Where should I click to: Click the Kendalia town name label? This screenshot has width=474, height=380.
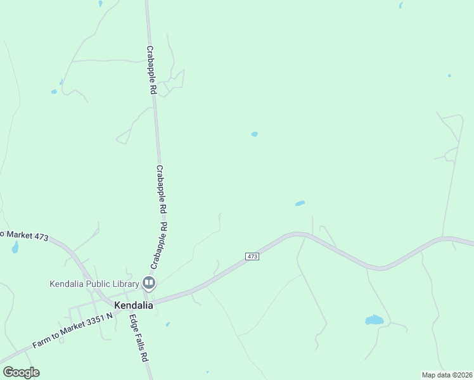click(x=133, y=305)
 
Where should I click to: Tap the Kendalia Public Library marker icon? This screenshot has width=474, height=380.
click(x=149, y=282)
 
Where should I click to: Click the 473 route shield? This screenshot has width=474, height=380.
click(x=252, y=256)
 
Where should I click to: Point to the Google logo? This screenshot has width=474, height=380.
click(x=21, y=372)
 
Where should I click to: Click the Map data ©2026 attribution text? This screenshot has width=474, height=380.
click(x=446, y=374)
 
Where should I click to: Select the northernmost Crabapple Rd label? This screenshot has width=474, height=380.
click(x=151, y=70)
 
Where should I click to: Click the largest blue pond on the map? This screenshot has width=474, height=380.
click(x=375, y=320)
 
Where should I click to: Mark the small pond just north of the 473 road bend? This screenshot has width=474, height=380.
click(x=300, y=203)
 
